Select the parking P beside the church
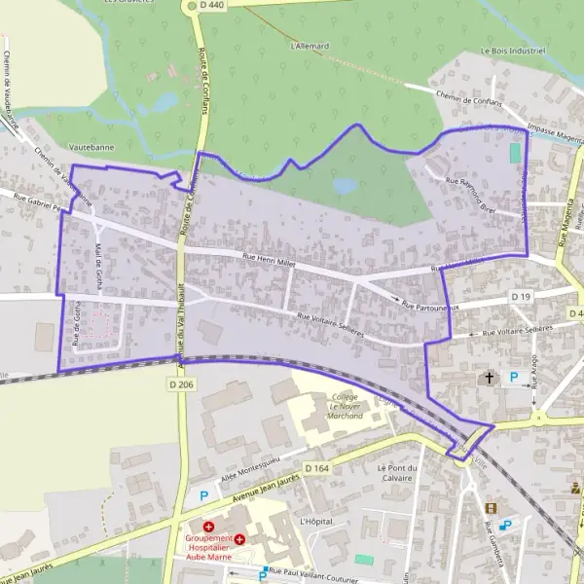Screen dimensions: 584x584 514,377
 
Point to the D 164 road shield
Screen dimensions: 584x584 317,468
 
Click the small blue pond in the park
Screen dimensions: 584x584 345,184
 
